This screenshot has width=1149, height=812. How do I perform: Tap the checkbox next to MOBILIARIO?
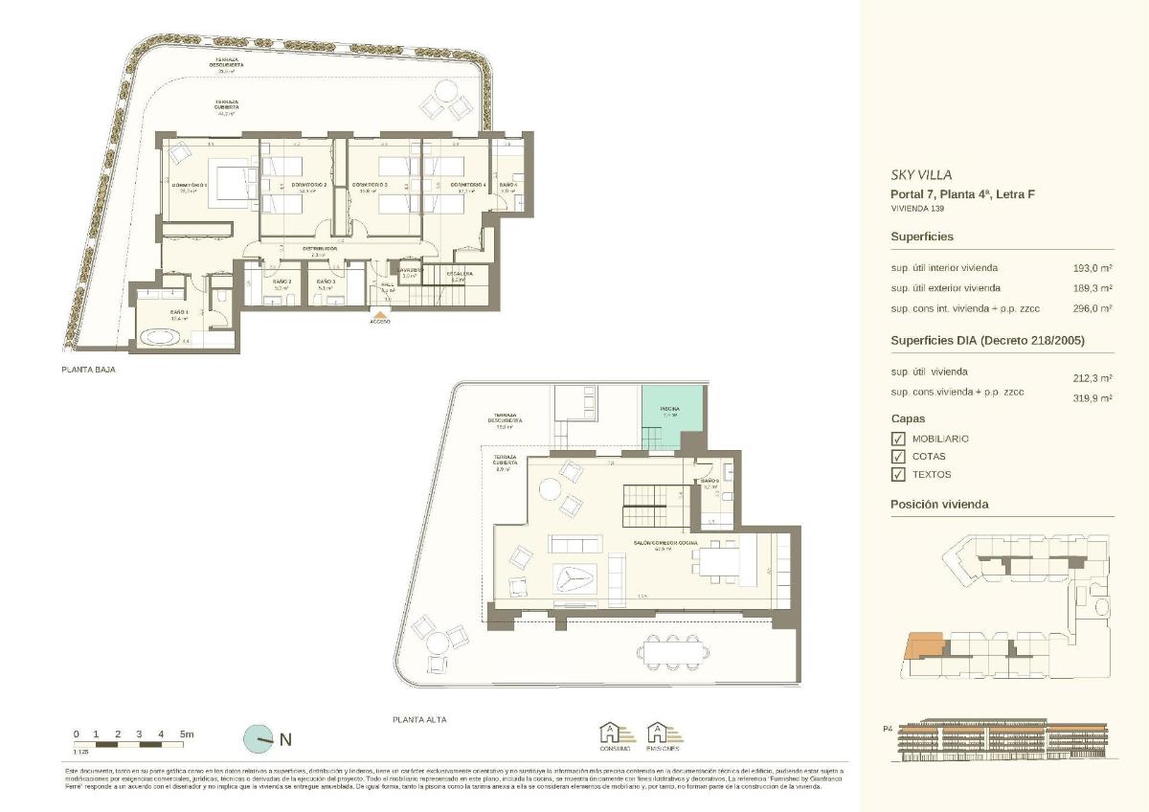(x=898, y=439)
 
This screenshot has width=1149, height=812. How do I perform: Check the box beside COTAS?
(x=898, y=457)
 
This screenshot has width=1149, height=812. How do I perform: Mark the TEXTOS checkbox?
(x=898, y=474)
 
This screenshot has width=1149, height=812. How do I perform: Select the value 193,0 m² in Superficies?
(x=1092, y=268)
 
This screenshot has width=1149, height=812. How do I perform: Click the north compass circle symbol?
(x=258, y=738)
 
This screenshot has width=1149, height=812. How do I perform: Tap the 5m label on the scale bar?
(x=187, y=734)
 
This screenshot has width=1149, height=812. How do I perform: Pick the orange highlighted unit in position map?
(x=924, y=646)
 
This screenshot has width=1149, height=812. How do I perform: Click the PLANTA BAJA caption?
(x=88, y=369)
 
